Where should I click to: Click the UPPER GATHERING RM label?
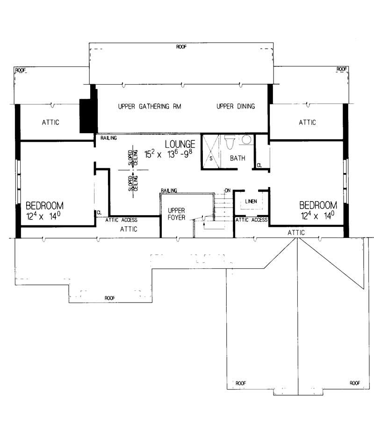(x=143, y=107)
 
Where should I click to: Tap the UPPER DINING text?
(x=236, y=107)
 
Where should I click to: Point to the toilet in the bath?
(x=230, y=142)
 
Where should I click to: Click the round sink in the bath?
(x=246, y=139)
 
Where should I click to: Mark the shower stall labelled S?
(x=210, y=152)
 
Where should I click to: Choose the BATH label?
(x=237, y=159)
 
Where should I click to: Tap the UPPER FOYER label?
(x=176, y=214)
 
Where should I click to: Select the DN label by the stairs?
(x=228, y=190)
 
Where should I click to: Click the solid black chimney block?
(x=87, y=116)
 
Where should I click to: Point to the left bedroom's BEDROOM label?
(x=44, y=205)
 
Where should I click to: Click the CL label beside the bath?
(x=259, y=166)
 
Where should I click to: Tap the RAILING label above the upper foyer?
(x=169, y=191)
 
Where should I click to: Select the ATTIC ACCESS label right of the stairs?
(x=252, y=220)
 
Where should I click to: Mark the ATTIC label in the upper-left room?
(x=51, y=123)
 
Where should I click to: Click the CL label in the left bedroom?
(x=99, y=212)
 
